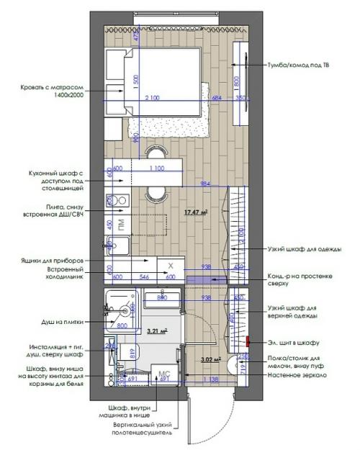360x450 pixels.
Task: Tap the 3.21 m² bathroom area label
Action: pos(157,331)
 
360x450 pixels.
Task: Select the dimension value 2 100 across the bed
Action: pos(152,97)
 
